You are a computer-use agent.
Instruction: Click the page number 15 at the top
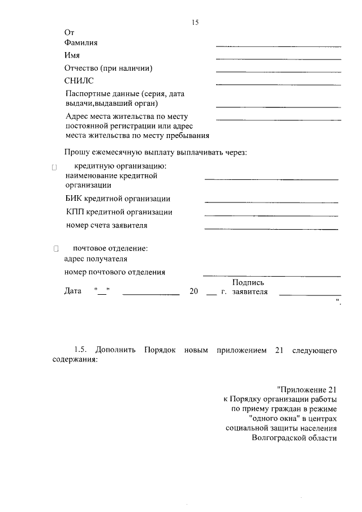coord(195,22)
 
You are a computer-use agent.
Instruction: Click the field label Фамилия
coord(81,42)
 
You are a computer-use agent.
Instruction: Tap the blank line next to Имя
coord(278,59)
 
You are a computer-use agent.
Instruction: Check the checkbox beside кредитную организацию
coord(55,167)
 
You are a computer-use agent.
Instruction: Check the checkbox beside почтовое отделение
coord(55,249)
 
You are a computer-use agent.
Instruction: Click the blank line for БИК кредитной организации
coord(271,202)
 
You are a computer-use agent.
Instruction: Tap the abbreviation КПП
coord(75,212)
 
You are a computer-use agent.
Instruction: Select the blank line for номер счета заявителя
coord(271,229)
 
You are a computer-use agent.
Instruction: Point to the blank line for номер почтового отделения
coord(271,276)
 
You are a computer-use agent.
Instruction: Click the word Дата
coord(74,292)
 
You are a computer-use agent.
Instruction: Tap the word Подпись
coord(248,282)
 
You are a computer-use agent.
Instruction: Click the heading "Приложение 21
coord(307,390)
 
